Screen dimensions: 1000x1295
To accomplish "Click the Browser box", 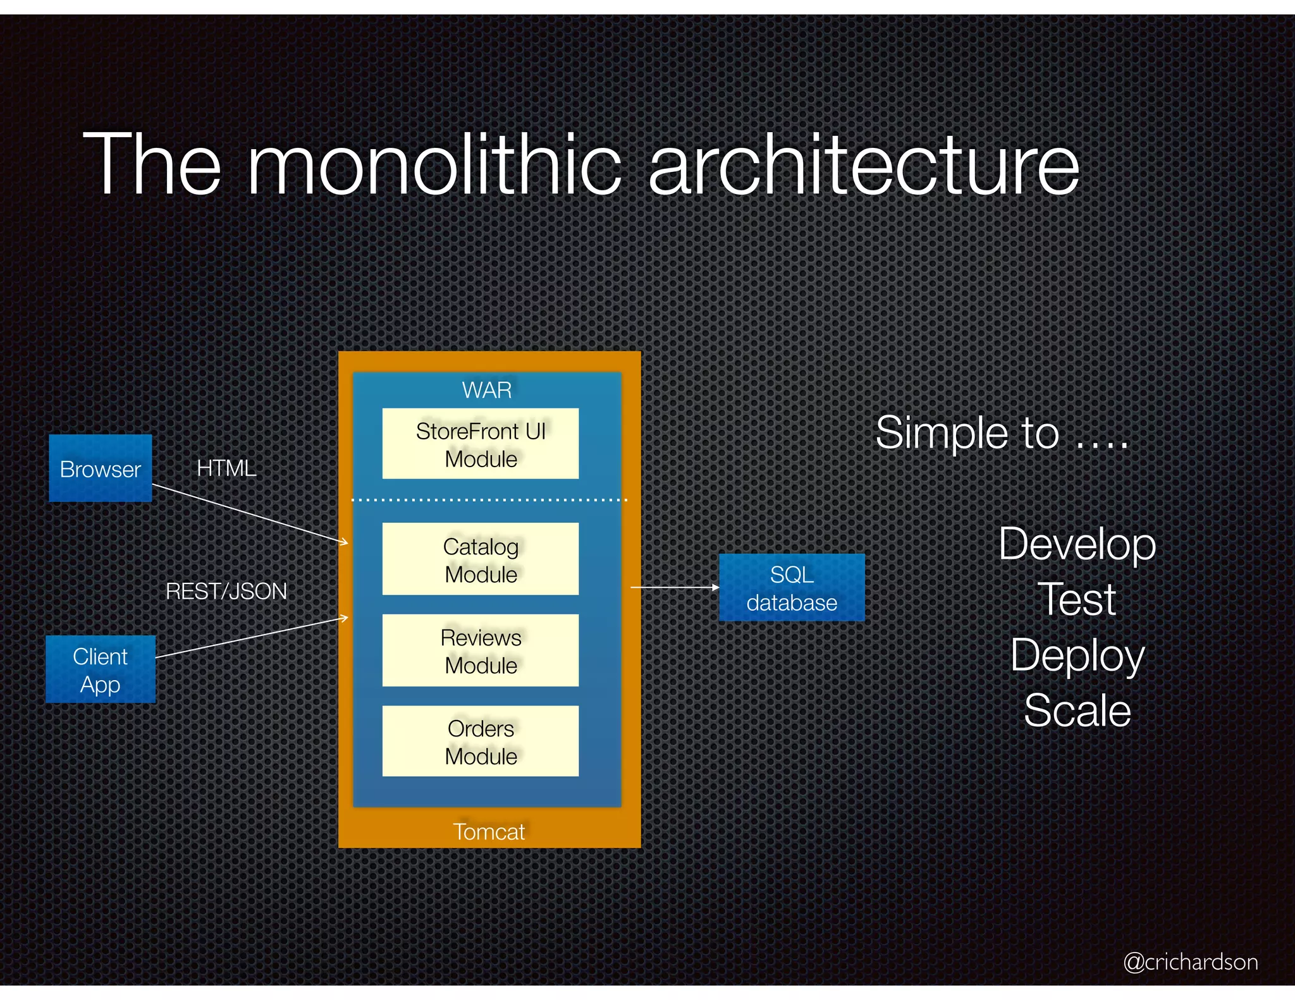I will (100, 468).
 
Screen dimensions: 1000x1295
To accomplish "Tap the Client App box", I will (100, 669).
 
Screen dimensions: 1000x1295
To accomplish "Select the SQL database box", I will (791, 588).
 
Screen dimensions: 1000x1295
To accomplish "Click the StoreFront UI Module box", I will (481, 444).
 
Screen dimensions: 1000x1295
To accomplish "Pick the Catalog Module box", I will (481, 559).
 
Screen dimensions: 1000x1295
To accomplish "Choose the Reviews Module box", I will (481, 650).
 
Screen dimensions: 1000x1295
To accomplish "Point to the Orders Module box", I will (481, 741).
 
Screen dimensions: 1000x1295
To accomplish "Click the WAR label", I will (486, 390).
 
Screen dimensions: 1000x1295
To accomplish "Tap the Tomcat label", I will (489, 831).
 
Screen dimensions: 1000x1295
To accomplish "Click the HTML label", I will (226, 468).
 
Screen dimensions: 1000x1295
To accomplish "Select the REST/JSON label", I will (226, 591).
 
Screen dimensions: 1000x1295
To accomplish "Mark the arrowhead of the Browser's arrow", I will (344, 542).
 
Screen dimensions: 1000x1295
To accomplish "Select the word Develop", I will (1077, 544).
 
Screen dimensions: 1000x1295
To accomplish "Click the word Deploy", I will (1077, 655).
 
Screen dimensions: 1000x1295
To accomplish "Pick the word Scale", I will (1077, 710).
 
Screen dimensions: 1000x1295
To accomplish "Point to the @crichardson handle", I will (1190, 961).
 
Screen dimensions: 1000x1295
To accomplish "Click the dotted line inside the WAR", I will (489, 500).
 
